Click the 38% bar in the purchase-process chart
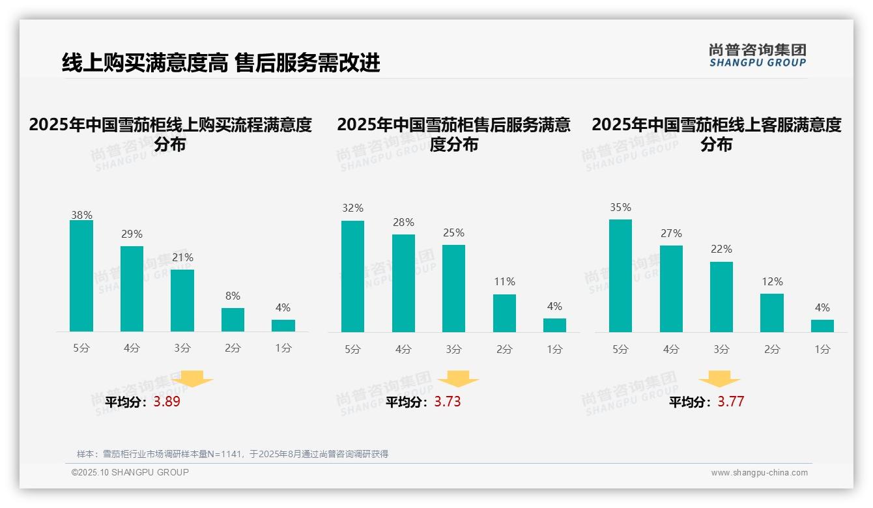(81, 276)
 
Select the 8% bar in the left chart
(233, 320)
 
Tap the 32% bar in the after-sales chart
(352, 277)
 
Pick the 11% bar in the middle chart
(504, 313)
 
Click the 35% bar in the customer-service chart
(620, 276)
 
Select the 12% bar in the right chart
(772, 313)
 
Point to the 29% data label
(132, 234)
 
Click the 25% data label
(453, 233)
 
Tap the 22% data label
(721, 249)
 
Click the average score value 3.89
(167, 402)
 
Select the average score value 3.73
(448, 402)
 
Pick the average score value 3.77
(730, 402)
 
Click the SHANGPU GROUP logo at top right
(758, 55)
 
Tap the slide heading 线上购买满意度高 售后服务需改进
(221, 63)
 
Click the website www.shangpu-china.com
(759, 473)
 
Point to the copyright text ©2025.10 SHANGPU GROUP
(130, 472)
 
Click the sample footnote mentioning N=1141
(233, 454)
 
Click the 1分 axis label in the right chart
(822, 350)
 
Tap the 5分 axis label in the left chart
(81, 348)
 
